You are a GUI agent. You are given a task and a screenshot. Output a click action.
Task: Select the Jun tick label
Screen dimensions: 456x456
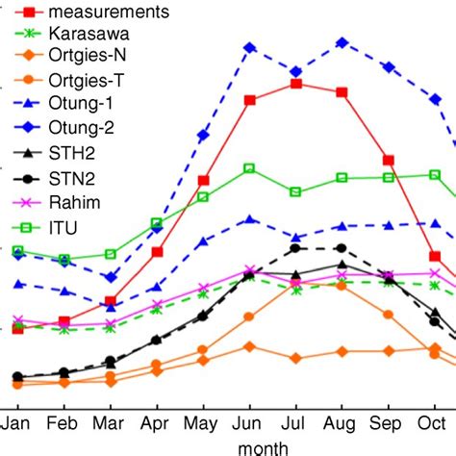click(x=249, y=422)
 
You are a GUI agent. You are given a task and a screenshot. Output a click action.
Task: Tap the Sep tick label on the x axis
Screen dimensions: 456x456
click(x=388, y=422)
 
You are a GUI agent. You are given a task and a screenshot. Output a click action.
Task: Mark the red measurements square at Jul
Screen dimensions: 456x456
click(x=295, y=84)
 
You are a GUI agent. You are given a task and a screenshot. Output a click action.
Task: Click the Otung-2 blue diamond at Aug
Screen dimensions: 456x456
click(x=342, y=42)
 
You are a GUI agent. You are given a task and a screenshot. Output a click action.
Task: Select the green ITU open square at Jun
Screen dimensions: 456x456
click(x=249, y=168)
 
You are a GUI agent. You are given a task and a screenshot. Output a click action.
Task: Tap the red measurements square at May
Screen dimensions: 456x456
click(x=203, y=180)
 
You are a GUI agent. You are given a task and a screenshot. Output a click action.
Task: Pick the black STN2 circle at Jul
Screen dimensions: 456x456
click(x=295, y=248)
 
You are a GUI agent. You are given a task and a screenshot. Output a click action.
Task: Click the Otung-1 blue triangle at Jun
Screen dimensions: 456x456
click(x=249, y=219)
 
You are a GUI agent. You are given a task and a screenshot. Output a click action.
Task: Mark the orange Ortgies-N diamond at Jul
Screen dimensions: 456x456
click(x=295, y=358)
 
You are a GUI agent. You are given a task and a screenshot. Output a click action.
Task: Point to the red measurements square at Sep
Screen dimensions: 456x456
click(x=388, y=160)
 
